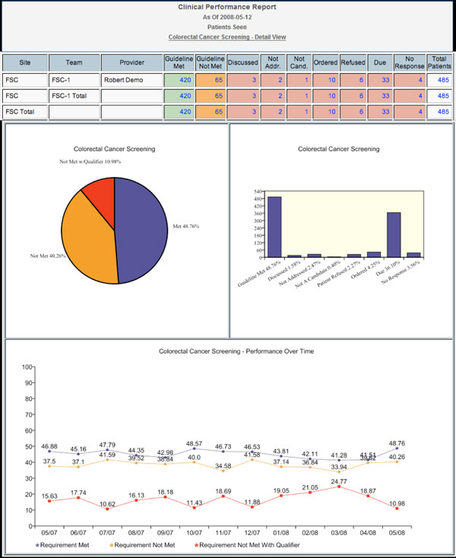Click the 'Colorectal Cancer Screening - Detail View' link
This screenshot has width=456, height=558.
227,36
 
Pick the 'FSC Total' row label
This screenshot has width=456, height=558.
24,112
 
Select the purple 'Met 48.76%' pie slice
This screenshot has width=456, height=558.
144,220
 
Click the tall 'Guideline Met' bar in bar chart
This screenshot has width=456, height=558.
274,228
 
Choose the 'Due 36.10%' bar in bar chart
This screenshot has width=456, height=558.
394,235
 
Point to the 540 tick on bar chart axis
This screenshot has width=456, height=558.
258,192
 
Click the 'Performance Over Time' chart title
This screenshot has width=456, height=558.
227,352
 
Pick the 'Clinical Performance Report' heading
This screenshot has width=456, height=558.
227,7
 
